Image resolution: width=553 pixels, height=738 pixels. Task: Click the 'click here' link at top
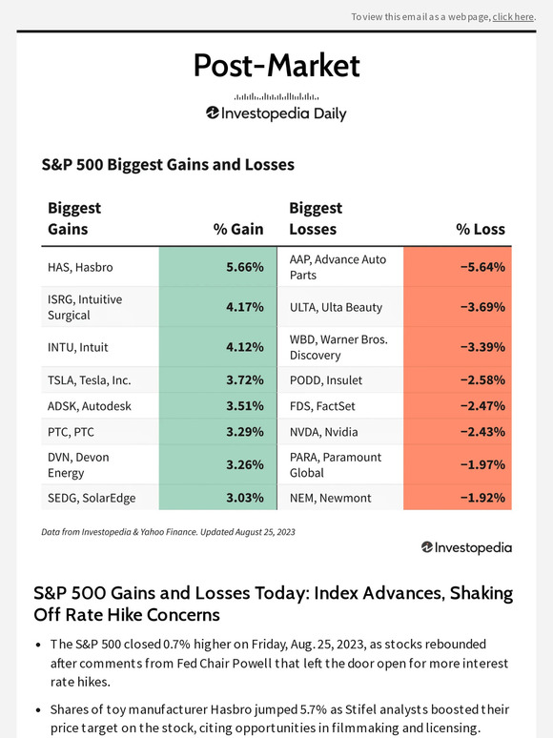point(513,17)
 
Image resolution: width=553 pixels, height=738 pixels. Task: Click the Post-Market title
point(276,65)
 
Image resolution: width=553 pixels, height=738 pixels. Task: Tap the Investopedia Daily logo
point(276,113)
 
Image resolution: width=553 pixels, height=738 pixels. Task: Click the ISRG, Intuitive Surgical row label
point(85,307)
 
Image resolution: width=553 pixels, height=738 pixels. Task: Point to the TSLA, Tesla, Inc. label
point(90,379)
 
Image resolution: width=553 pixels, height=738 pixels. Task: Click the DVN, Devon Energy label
point(78,464)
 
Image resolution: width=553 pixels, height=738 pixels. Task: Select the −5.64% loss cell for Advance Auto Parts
point(458,267)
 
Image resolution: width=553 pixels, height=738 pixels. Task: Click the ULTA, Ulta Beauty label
point(336,307)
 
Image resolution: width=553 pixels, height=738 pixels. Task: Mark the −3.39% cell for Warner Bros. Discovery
point(458,347)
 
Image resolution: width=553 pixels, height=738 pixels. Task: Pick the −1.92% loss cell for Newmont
point(458,497)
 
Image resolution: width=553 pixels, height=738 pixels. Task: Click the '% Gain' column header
point(238,229)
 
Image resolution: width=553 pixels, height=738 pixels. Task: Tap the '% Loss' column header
point(481,229)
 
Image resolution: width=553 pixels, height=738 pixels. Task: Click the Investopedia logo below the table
point(466,547)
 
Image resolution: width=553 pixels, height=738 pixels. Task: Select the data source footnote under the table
point(168,531)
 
